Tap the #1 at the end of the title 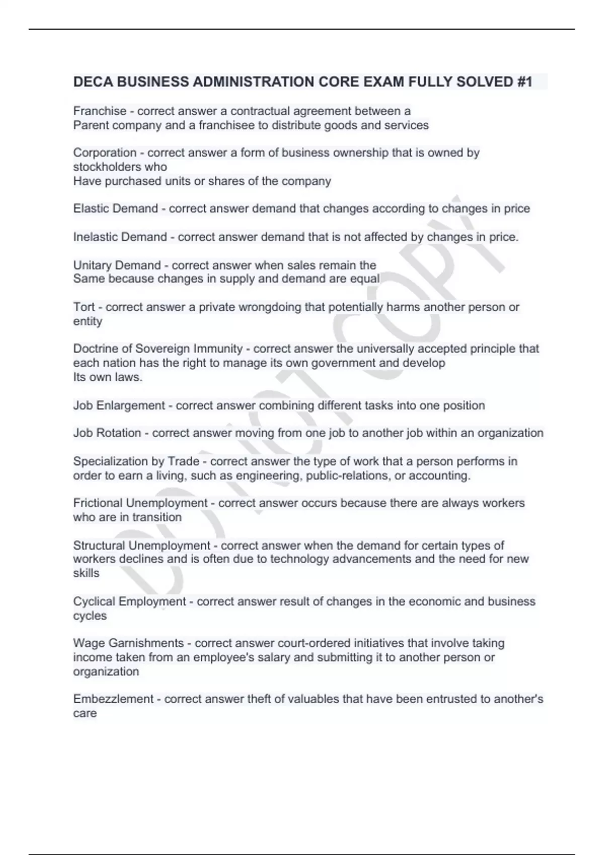[x=524, y=82]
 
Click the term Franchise [x=100, y=111]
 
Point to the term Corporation [x=105, y=152]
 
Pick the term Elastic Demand [x=115, y=209]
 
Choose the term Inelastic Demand [x=120, y=237]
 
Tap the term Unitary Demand [x=117, y=265]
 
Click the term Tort [x=84, y=307]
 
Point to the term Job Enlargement [x=119, y=405]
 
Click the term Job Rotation [x=107, y=433]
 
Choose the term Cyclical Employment [x=129, y=602]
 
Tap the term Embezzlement [x=113, y=699]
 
